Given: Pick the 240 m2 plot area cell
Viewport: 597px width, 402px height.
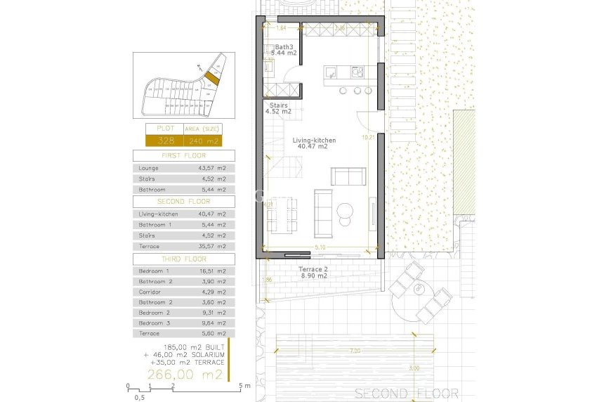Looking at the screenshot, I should pos(202,141).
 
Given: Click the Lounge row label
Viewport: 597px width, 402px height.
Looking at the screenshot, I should pos(149,169).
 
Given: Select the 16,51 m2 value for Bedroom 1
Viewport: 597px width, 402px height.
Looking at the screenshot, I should pos(213,271).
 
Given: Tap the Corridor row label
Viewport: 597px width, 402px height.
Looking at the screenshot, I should pos(150,292).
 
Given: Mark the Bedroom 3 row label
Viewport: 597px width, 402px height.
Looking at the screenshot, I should pos(154,323).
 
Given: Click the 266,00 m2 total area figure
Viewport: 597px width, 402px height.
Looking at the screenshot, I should pos(185,375).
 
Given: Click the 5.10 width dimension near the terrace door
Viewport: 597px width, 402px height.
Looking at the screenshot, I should pos(320,247).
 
